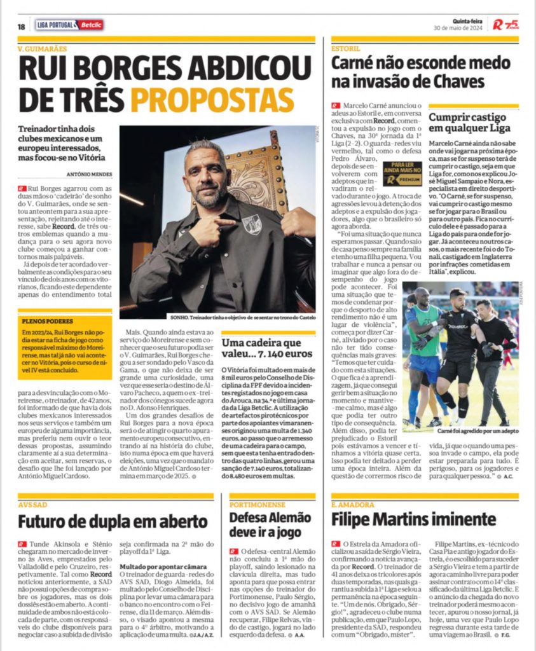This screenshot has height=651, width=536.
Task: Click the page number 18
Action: (22, 26)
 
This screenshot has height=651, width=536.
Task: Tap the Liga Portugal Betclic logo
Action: (69, 25)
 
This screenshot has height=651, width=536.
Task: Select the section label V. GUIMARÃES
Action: (42, 48)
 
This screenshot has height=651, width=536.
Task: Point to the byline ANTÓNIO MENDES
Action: (89, 175)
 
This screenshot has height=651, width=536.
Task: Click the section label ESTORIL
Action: (346, 48)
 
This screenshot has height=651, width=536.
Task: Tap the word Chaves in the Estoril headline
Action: (458, 82)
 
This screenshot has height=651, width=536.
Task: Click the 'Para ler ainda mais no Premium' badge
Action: (402, 174)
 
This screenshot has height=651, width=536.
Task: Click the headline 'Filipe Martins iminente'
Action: (413, 519)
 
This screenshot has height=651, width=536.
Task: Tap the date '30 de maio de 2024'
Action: (459, 29)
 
